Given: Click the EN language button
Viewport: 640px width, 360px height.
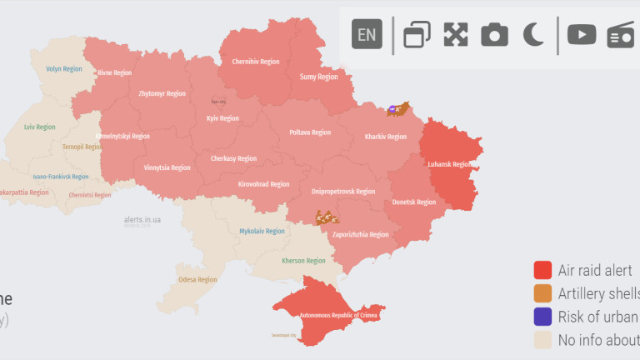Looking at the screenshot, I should [x=367, y=34].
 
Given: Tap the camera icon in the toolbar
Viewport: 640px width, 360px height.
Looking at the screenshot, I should [x=494, y=34].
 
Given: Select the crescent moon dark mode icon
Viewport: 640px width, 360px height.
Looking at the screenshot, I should [x=533, y=34].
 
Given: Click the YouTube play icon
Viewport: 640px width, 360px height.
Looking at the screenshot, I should [x=582, y=34].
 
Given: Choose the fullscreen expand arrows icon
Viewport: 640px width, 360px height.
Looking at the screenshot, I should [x=455, y=34].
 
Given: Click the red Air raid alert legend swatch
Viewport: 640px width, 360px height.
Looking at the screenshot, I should [x=543, y=270].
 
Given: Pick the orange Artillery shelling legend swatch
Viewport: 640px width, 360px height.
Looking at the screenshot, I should [x=543, y=293].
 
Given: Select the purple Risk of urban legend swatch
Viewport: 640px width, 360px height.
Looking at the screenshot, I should [x=543, y=317].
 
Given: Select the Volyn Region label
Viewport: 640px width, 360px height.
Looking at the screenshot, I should [x=64, y=69].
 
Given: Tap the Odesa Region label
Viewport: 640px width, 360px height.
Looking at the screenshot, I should [x=197, y=280].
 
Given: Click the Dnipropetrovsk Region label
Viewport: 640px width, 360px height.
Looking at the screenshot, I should [x=343, y=192].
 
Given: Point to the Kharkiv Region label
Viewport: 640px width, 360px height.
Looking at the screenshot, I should [x=386, y=137].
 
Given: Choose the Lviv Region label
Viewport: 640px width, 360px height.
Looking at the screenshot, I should [x=40, y=127].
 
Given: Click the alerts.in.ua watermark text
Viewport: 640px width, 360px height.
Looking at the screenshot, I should [x=137, y=220].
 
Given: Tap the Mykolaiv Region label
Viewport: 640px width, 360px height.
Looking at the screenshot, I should [x=262, y=231].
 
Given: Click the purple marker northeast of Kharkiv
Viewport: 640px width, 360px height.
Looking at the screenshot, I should [x=392, y=109].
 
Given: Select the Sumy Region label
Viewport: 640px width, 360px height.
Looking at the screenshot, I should [x=318, y=77].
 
